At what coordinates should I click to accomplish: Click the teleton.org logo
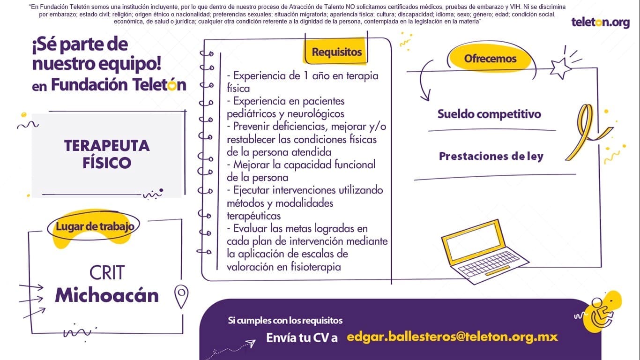pos(600,22)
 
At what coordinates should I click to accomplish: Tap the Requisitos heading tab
pos(336,52)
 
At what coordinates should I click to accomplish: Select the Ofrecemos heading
pos(490,59)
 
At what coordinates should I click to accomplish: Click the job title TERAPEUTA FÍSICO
pos(107,154)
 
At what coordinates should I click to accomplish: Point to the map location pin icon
pos(181,296)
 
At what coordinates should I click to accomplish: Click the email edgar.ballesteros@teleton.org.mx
pos(452,337)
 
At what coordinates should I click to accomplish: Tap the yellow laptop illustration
pos(484,252)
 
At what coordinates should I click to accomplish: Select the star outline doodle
pos(560,68)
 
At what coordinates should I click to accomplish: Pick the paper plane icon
pos(250,343)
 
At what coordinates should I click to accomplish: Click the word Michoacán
pos(107,295)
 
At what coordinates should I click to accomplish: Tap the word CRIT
pos(107,272)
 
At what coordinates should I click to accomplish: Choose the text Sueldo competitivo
pos(489,114)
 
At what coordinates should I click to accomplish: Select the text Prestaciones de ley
pos(491,156)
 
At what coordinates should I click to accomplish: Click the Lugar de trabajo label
pos(95,226)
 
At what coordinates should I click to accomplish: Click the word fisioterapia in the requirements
pos(316,267)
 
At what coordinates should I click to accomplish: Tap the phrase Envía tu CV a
pos(302,337)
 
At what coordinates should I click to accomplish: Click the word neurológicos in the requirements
pos(315,114)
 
